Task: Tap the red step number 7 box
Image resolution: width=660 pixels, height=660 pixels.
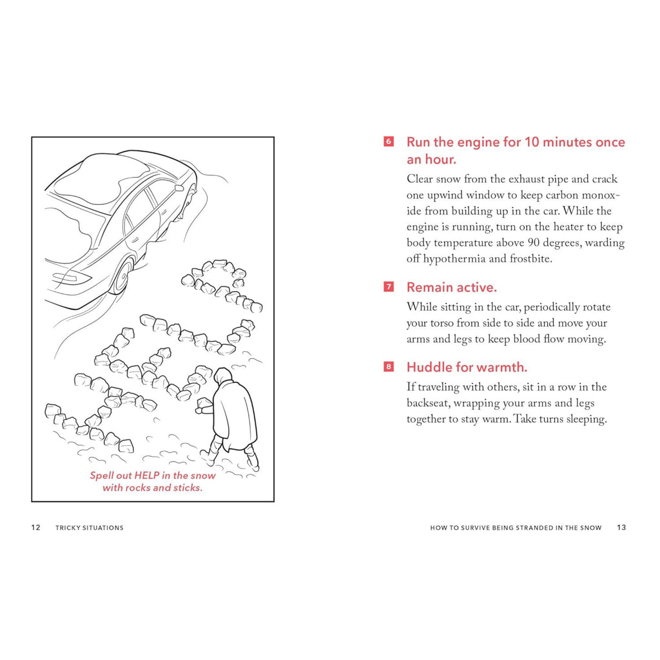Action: click(389, 287)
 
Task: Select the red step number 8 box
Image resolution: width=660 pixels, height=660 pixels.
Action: click(389, 367)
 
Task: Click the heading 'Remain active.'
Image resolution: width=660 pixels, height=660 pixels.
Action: click(451, 287)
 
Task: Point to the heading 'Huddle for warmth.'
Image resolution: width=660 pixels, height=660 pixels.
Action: click(467, 367)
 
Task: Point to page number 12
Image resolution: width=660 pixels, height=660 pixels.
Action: click(36, 527)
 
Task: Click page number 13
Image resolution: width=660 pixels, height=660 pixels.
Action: click(621, 527)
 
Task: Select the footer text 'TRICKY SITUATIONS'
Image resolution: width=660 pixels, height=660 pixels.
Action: click(90, 527)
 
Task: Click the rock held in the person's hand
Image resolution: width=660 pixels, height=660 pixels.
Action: click(204, 404)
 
